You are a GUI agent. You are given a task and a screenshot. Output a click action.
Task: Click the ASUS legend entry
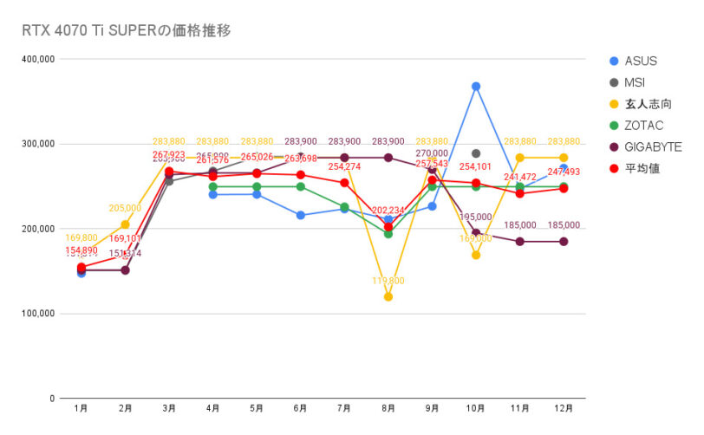pyautogui.click(x=641, y=61)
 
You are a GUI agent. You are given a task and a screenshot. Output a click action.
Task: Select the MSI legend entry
pyautogui.click(x=636, y=82)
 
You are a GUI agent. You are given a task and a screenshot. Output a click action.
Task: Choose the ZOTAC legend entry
pyautogui.click(x=642, y=126)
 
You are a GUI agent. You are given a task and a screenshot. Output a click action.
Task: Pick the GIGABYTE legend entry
pyautogui.click(x=652, y=146)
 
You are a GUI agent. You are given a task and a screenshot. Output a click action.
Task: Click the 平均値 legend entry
pyautogui.click(x=641, y=168)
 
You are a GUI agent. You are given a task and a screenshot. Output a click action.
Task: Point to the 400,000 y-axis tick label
pyautogui.click(x=38, y=59)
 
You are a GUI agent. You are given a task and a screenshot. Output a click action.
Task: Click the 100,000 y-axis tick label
pyautogui.click(x=38, y=314)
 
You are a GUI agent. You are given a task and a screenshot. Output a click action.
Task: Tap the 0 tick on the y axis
pyautogui.click(x=53, y=399)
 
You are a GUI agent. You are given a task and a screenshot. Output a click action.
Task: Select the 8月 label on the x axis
pyautogui.click(x=388, y=407)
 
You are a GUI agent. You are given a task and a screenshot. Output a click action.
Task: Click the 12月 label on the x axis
pyautogui.click(x=564, y=407)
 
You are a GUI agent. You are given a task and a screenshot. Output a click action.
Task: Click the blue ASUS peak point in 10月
pyautogui.click(x=476, y=87)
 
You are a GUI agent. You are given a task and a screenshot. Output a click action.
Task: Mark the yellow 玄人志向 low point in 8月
pyautogui.click(x=388, y=296)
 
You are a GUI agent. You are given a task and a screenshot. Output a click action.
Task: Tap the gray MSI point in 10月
pyautogui.click(x=476, y=153)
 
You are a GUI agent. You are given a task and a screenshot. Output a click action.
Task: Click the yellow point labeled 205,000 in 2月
pyautogui.click(x=125, y=224)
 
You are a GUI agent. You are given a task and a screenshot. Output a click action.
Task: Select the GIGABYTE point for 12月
pyautogui.click(x=564, y=242)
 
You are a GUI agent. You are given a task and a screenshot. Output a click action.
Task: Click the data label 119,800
pyautogui.click(x=388, y=282)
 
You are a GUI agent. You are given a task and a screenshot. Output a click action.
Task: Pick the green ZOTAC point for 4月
pyautogui.click(x=212, y=186)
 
